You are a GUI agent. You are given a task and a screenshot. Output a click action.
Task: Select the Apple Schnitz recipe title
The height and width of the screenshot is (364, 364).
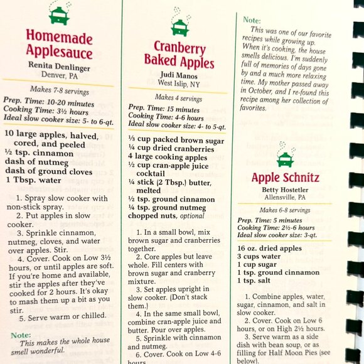coord(286,178)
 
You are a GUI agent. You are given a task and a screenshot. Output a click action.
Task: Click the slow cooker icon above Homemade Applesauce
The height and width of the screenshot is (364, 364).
coord(59,13)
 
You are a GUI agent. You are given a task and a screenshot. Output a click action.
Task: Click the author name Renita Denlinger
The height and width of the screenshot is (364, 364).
coord(59,65)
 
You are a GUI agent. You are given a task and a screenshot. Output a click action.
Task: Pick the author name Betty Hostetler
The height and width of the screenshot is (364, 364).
coord(286,191)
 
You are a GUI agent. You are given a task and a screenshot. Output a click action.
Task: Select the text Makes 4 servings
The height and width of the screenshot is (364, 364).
coord(179,97)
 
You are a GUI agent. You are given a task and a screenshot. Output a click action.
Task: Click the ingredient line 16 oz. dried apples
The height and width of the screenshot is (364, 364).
coord(270,248)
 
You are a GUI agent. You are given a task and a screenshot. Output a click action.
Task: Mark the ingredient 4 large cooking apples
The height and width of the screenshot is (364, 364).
coord(167,157)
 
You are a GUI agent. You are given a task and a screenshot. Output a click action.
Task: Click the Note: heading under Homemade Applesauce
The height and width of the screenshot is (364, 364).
coord(20,335)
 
